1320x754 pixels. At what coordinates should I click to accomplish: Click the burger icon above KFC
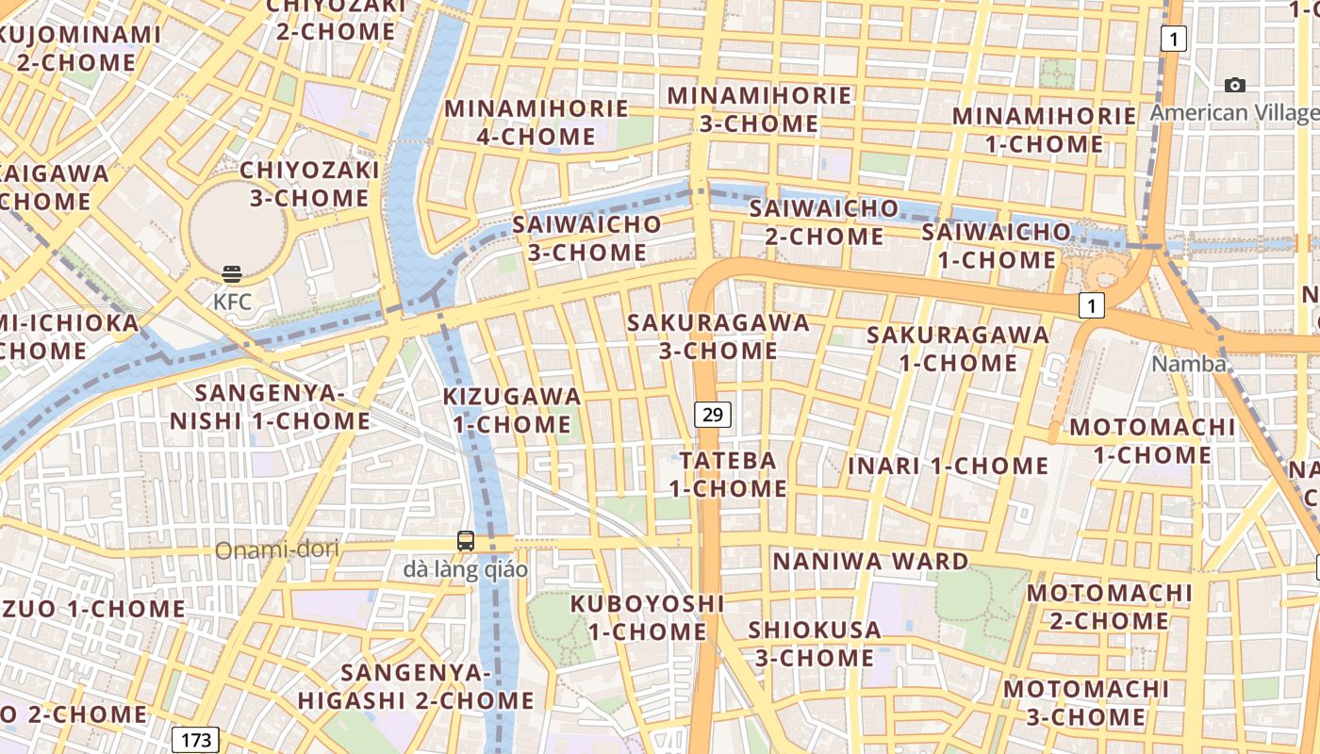(x=232, y=274)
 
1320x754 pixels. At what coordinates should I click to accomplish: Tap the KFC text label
(x=232, y=302)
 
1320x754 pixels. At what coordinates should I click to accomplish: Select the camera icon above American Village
(x=1234, y=86)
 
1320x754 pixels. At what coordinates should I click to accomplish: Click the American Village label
(x=1233, y=113)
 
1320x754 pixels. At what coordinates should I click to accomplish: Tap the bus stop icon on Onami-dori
(x=466, y=541)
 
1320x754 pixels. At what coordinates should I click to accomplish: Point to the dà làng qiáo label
(x=466, y=569)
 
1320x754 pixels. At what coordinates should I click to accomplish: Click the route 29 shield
(x=714, y=414)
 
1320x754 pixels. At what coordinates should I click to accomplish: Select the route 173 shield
(x=196, y=739)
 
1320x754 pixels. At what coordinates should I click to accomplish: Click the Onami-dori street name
(x=277, y=549)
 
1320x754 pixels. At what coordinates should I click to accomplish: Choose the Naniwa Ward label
(x=870, y=562)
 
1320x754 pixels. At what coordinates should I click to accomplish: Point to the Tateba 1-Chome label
(x=728, y=474)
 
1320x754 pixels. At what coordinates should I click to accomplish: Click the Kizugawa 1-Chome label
(x=512, y=410)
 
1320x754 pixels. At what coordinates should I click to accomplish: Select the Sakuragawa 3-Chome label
(x=718, y=336)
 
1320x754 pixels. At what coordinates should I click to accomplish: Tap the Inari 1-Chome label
(x=948, y=466)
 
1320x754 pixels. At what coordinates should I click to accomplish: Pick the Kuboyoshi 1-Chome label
(x=648, y=617)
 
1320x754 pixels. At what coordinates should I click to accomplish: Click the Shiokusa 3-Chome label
(x=815, y=643)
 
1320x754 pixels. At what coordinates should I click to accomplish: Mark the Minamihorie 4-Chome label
(x=536, y=123)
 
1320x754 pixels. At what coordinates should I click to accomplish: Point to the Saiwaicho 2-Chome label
(x=824, y=221)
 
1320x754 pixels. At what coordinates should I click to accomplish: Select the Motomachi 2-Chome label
(x=1109, y=607)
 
